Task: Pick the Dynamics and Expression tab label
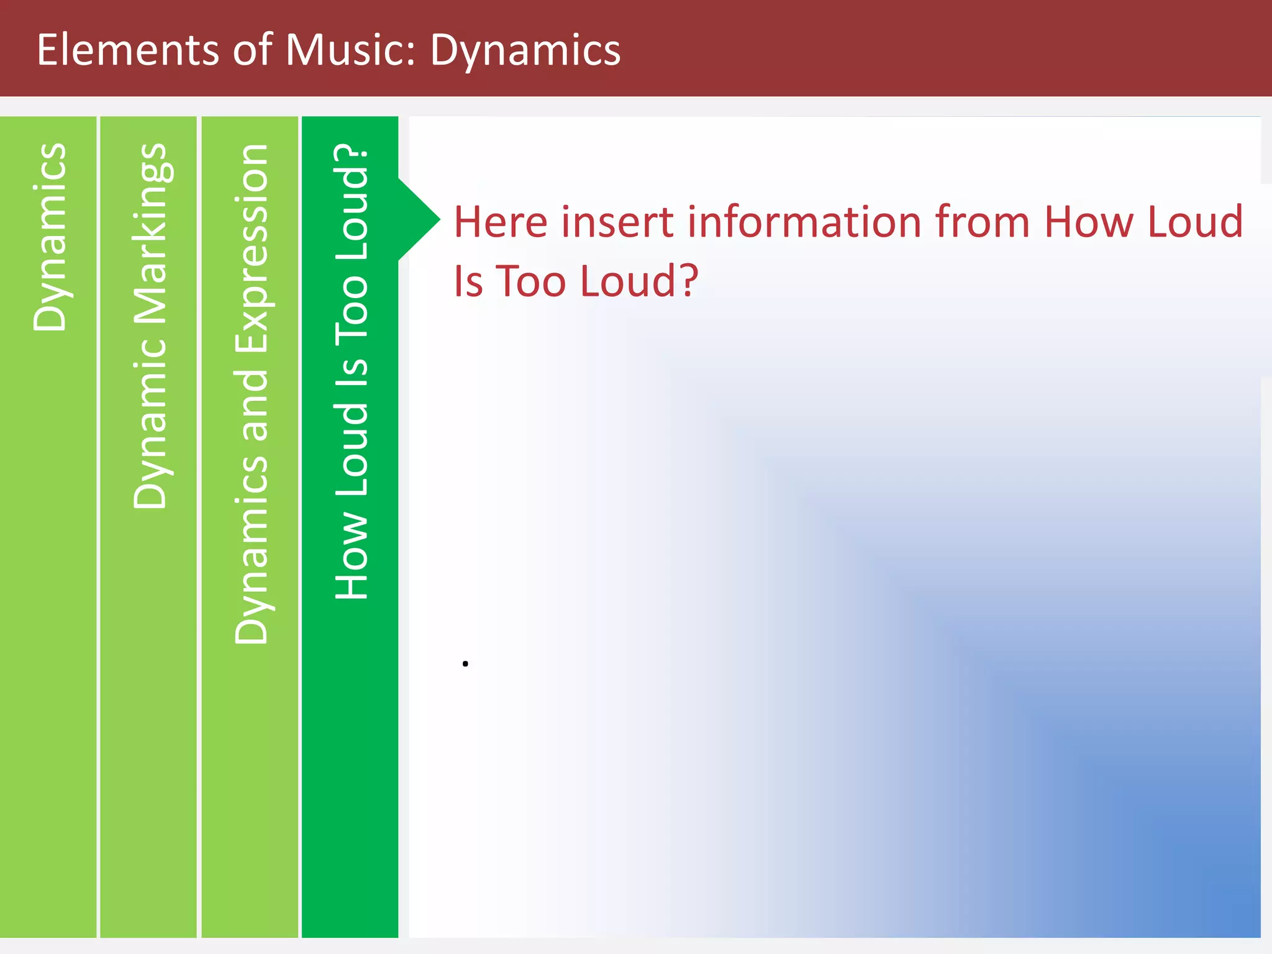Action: pos(252,394)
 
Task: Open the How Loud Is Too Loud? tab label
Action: pos(352,371)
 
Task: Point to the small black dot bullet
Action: pos(465,663)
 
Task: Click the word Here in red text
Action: pos(501,222)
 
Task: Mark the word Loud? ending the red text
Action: pos(640,281)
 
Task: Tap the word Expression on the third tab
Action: pos(252,248)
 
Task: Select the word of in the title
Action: pos(252,50)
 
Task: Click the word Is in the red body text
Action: pos(468,281)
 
